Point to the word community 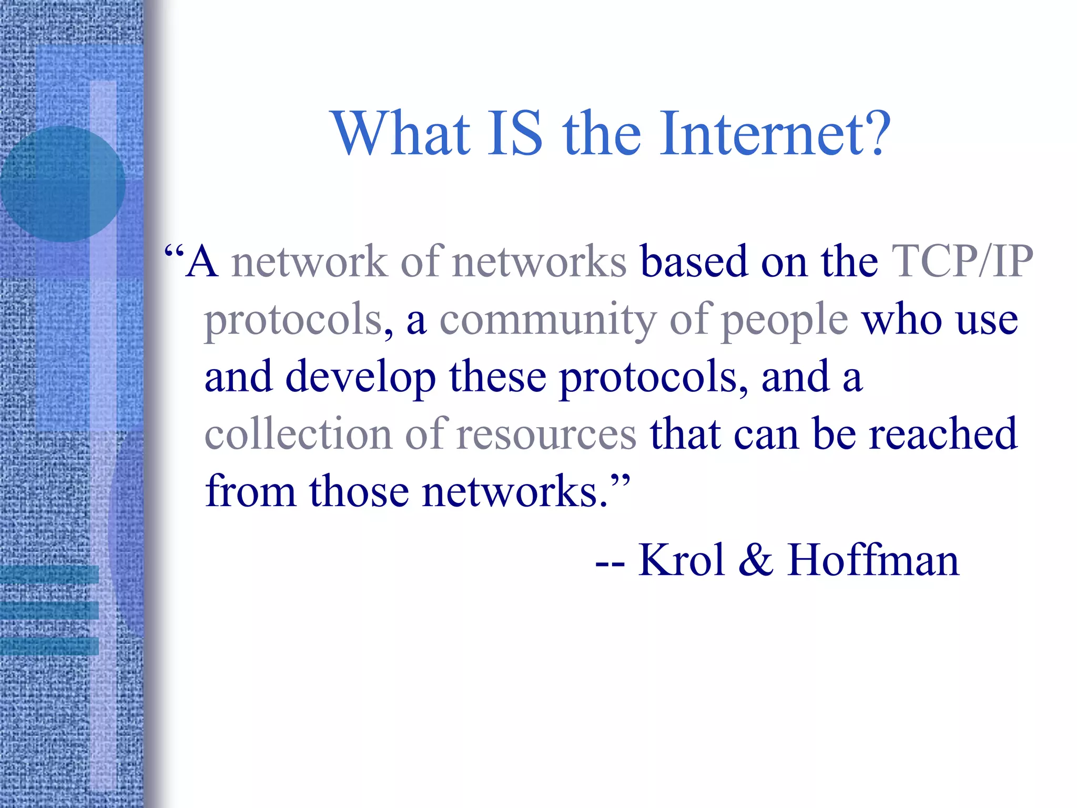(x=547, y=320)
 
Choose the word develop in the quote (x=360, y=377)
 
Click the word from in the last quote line (x=250, y=491)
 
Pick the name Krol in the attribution (x=682, y=560)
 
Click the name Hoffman (x=873, y=560)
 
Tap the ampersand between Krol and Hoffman (x=756, y=560)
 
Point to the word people (x=784, y=321)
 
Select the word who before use (x=901, y=320)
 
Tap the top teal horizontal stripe (x=49, y=574)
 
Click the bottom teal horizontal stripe (x=49, y=646)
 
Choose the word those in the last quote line (x=359, y=491)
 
